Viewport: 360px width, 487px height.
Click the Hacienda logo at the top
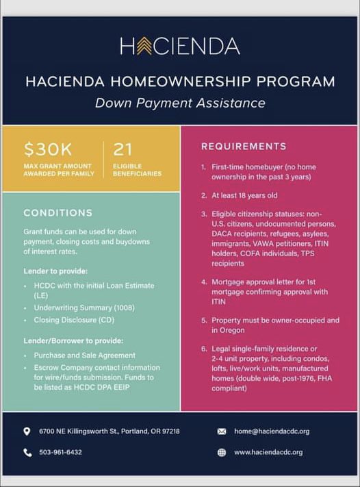pos(180,46)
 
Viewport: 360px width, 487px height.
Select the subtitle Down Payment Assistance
pos(180,103)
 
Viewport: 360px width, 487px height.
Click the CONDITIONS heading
pos(58,213)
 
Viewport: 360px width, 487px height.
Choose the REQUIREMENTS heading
pos(244,147)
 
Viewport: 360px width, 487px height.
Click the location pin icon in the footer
pos(27,432)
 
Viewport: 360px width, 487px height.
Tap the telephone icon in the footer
pos(27,453)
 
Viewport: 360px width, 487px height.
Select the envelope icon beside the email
pos(222,432)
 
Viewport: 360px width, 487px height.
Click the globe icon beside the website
pos(222,453)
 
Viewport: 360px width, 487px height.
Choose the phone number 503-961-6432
pos(61,453)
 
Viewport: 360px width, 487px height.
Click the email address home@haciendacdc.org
pos(272,432)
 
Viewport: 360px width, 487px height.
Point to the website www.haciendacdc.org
pos(268,453)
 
